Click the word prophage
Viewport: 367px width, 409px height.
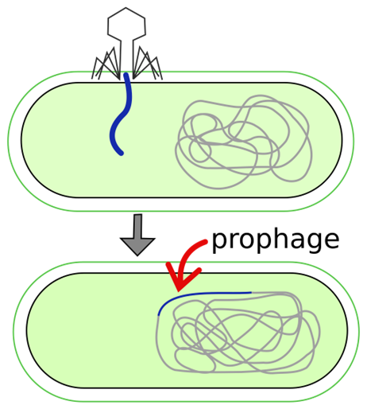(x=276, y=240)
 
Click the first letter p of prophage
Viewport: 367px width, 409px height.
(x=220, y=242)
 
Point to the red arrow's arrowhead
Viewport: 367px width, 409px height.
(x=182, y=277)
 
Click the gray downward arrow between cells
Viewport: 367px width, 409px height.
(x=137, y=235)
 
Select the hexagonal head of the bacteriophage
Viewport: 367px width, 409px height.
(x=126, y=25)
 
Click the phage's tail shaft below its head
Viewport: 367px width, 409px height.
(x=126, y=57)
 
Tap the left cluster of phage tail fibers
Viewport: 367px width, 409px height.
(x=106, y=64)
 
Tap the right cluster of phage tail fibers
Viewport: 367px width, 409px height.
(x=147, y=64)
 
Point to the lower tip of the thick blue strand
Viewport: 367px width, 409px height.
(x=122, y=154)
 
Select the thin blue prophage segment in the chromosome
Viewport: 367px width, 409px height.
(x=196, y=295)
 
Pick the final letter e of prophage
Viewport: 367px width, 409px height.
(x=331, y=240)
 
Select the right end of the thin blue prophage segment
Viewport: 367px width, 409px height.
(x=251, y=293)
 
